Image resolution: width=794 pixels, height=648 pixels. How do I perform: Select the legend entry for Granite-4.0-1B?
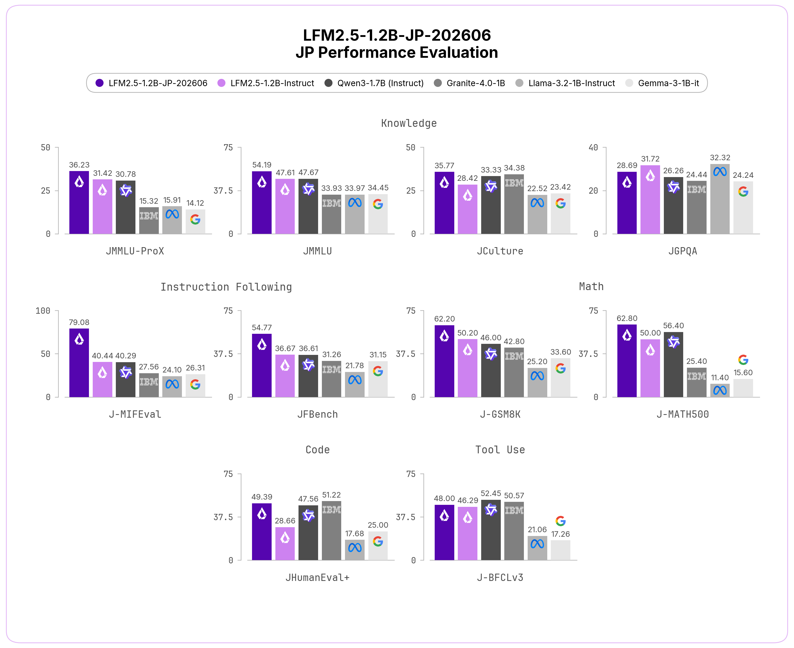click(469, 83)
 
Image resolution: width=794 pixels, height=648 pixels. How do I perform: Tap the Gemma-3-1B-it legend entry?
click(662, 83)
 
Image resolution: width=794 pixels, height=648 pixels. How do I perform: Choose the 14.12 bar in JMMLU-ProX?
click(195, 222)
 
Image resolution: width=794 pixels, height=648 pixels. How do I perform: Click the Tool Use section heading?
click(500, 450)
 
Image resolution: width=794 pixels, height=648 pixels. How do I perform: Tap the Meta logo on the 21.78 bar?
click(355, 380)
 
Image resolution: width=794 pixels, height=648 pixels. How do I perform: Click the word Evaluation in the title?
click(452, 52)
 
